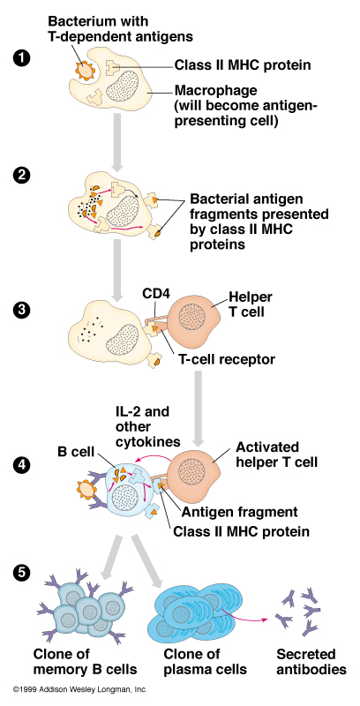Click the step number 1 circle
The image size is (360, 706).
(20, 59)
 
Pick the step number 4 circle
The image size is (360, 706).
(20, 466)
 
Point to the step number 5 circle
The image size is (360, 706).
(20, 573)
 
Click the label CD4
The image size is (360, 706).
(155, 294)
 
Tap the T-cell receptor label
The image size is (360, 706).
(224, 360)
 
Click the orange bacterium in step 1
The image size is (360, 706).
(84, 69)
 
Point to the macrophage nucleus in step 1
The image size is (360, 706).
(124, 86)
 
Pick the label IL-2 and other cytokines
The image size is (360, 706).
(146, 427)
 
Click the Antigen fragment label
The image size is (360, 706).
(239, 512)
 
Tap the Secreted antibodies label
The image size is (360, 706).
(311, 661)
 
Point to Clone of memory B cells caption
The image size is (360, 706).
(85, 661)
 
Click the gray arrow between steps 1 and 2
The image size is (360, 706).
(118, 142)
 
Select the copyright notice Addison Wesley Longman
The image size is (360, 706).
(80, 689)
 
